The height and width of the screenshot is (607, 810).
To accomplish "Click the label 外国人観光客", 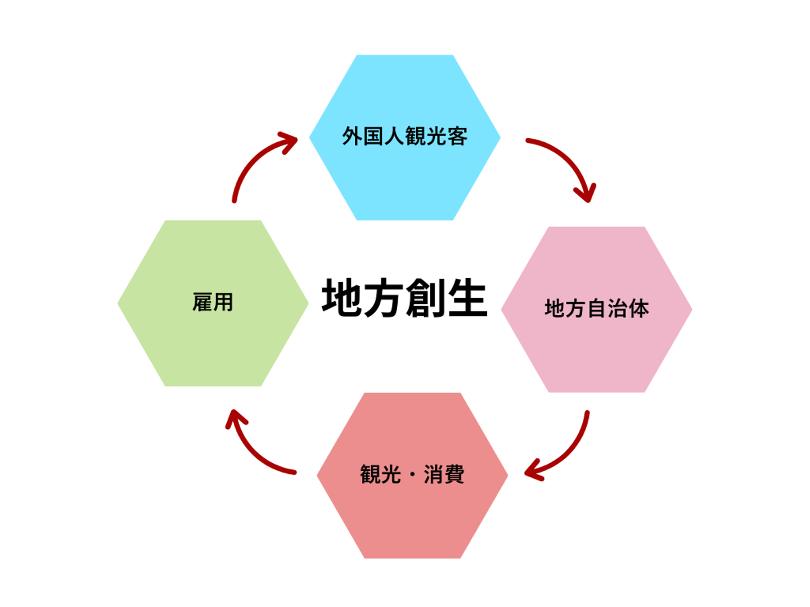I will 404,137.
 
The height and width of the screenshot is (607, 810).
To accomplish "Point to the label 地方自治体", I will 596,309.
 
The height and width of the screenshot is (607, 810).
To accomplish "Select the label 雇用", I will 213,302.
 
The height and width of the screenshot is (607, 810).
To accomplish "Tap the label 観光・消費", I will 412,474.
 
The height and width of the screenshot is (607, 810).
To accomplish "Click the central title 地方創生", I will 404,298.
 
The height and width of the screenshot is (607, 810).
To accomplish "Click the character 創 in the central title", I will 425,298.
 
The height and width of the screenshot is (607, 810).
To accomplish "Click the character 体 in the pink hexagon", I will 638,309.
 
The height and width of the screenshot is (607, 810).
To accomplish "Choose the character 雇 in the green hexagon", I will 202,302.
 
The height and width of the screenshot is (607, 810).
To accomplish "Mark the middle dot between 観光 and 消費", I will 412,475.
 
